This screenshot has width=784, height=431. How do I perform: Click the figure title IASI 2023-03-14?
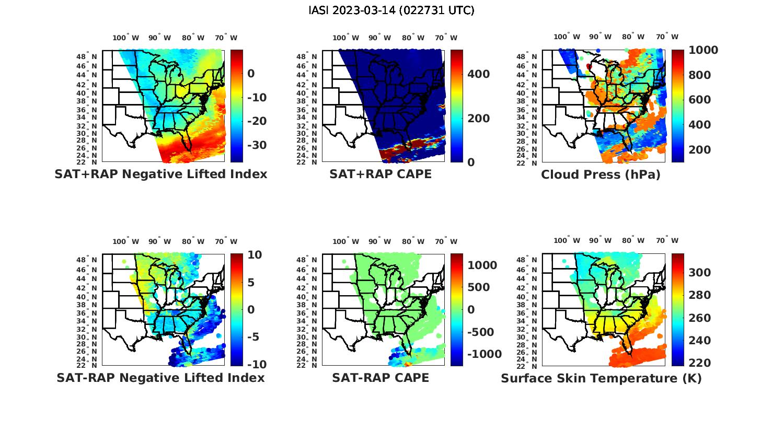click(x=391, y=10)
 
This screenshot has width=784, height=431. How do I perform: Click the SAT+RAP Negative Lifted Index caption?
click(x=160, y=174)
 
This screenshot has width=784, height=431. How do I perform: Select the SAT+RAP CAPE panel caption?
click(x=381, y=174)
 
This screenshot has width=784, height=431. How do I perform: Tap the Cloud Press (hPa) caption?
click(x=601, y=174)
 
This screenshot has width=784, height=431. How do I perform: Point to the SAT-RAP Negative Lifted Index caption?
click(x=160, y=378)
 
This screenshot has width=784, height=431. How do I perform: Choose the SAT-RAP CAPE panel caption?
click(x=381, y=378)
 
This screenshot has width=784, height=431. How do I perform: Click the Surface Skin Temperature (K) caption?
click(x=601, y=378)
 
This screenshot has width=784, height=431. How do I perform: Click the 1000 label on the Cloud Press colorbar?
click(x=703, y=50)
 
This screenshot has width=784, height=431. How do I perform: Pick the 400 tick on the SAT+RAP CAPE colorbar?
click(x=478, y=74)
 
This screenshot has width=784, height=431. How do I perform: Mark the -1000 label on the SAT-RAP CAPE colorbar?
click(x=484, y=354)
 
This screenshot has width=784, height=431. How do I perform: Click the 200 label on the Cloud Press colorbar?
click(x=699, y=150)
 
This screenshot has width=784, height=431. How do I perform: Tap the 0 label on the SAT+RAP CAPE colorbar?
click(x=471, y=162)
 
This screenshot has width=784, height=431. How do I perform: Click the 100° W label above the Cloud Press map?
click(x=567, y=37)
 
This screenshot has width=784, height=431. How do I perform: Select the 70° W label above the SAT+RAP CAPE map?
click(x=446, y=38)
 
